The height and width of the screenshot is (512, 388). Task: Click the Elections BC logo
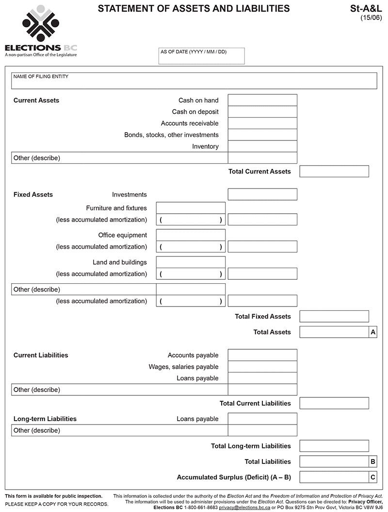point(41,31)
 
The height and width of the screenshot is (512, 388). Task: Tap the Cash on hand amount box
point(262,100)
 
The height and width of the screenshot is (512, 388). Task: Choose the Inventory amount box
point(262,146)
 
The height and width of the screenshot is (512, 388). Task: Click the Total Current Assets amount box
point(334,171)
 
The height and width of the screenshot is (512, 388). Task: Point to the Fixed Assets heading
point(33,195)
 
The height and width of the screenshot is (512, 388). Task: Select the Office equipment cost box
point(191,235)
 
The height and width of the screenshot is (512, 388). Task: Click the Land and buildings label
point(120,262)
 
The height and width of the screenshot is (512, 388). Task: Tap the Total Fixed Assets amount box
point(334,317)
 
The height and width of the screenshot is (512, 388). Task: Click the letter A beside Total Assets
point(373,332)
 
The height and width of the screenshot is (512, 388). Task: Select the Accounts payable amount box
point(262,355)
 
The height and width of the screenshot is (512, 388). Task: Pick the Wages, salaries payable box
point(262,367)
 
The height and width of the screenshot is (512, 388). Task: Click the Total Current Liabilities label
point(255,403)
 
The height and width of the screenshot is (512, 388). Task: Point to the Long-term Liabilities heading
point(45,419)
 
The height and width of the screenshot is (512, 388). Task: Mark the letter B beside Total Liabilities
point(373,461)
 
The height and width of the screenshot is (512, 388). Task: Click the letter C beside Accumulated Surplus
point(373,477)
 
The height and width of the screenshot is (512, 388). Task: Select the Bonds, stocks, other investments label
point(171,135)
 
